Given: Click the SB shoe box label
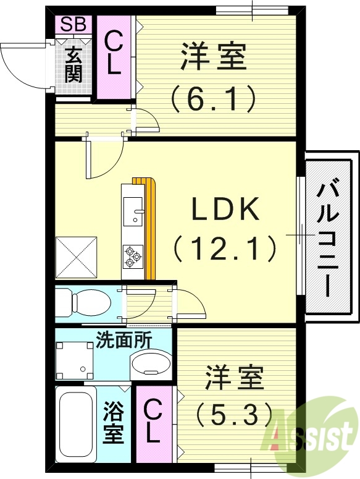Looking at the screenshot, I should pos(73,25).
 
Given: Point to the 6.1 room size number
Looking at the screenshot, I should pos(214,98).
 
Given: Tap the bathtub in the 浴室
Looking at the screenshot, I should pos(75,423).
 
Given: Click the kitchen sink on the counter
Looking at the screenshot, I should pos(133,211).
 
